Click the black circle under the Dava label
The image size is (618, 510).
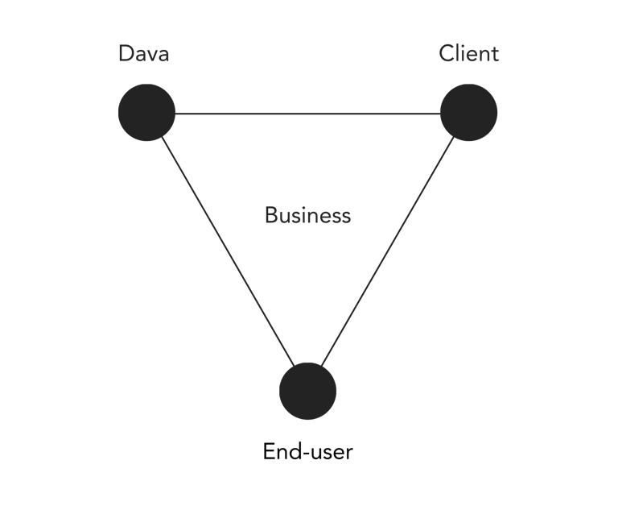(146, 113)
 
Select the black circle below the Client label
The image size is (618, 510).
(468, 113)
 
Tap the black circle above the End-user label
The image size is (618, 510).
(307, 391)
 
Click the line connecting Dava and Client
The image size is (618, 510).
(307, 113)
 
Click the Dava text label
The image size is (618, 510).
(144, 54)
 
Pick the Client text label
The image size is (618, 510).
(468, 54)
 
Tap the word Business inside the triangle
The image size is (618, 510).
(307, 216)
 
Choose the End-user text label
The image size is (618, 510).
(307, 452)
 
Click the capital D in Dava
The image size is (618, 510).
(126, 54)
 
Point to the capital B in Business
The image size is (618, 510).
(271, 216)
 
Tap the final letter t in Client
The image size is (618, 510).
(494, 54)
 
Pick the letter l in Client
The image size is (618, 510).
(460, 54)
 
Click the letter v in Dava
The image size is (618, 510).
(151, 56)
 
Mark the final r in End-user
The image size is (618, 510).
(349, 454)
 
